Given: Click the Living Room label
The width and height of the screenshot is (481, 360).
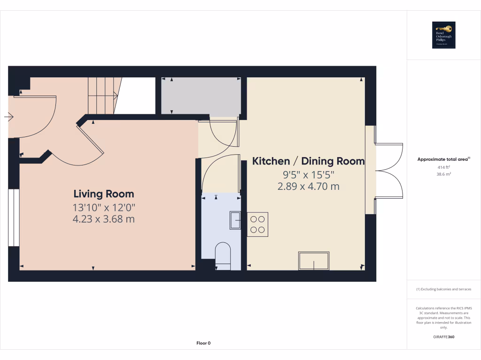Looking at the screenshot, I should point(103,194).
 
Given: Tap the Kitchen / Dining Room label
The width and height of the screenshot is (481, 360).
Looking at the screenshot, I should point(309,161).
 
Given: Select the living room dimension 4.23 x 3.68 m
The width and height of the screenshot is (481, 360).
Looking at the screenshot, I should point(103,218).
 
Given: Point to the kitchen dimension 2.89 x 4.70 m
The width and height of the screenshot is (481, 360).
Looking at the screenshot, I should point(309,187).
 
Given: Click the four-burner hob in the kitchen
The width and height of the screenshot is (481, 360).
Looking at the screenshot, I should point(257,224).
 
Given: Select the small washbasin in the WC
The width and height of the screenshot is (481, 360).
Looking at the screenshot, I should point(235,220).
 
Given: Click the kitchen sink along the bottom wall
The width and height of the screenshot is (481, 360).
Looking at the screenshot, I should point(314,261).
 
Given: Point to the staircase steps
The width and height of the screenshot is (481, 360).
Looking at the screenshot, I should point(102,96).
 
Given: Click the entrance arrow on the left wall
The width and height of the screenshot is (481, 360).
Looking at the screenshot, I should point(9,117).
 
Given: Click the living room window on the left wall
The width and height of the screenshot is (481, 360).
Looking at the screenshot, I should point(14,217).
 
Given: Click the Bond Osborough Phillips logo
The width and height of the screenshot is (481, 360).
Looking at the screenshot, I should point(444,35).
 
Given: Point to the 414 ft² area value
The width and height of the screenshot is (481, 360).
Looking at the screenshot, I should point(444,167).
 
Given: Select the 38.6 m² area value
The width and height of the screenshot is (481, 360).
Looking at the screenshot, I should point(444,174).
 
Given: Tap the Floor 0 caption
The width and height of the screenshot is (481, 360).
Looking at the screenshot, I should point(203,343).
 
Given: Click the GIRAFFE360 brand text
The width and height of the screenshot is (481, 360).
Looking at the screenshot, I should point(444,337).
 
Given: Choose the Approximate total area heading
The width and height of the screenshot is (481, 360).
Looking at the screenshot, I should point(443,159).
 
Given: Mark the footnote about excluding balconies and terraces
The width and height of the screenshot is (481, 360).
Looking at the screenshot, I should point(444,289).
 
